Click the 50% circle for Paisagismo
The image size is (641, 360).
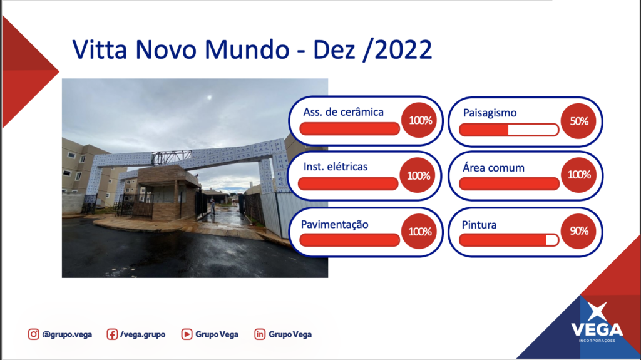point(578,121)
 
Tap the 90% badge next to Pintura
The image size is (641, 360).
point(578,231)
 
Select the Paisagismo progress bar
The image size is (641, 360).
point(509,130)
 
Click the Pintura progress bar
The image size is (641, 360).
point(509,240)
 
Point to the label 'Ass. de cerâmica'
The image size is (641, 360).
point(344,112)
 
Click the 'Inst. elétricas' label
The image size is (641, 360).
point(336,167)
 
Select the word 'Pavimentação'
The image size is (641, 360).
point(334,225)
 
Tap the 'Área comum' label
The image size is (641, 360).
point(493,167)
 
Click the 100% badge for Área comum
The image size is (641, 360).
point(579,175)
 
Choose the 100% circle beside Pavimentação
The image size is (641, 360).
point(419,232)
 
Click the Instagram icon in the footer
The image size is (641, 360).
point(34,334)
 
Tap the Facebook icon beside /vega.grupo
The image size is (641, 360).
point(112,334)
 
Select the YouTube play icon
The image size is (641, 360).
point(187,334)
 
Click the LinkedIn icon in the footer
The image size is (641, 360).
point(260,334)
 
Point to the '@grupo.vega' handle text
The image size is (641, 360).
point(67,334)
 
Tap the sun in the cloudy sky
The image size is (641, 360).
point(209,98)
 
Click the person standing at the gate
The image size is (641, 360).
point(213,206)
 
